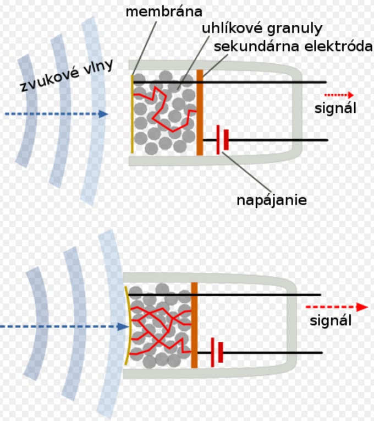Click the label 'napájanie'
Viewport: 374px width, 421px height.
click(271, 199)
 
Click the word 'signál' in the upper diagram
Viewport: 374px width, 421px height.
click(335, 108)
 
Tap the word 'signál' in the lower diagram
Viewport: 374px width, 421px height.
click(331, 321)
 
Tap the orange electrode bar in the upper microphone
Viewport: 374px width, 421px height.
click(200, 113)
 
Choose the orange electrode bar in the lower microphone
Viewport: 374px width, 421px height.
click(194, 325)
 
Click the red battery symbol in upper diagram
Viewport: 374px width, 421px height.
click(222, 140)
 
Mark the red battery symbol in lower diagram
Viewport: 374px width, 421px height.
click(216, 352)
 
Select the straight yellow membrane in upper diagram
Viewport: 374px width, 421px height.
click(132, 113)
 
